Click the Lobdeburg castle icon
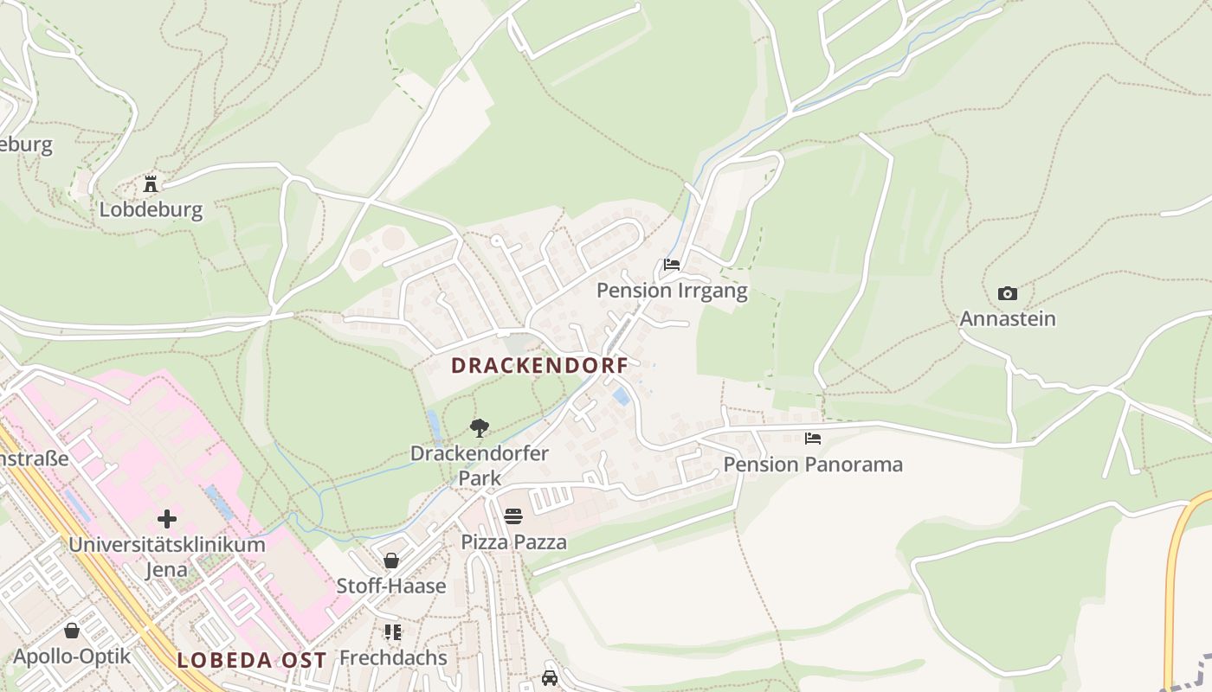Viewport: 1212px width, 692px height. (151, 183)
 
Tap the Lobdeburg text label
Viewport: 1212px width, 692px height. (151, 209)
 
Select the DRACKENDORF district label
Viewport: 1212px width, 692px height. (539, 366)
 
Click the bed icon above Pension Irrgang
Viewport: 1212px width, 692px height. (672, 265)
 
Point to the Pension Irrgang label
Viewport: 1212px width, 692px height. (672, 291)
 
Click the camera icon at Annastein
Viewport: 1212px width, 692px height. (1007, 294)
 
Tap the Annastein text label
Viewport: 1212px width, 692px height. (1007, 319)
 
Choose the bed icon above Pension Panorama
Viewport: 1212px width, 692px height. (812, 439)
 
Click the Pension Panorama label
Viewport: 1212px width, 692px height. (812, 465)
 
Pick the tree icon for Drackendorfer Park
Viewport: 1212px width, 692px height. (480, 427)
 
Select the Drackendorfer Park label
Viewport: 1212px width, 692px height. (480, 465)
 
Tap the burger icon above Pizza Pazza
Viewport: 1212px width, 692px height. (513, 516)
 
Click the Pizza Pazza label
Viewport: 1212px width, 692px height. (513, 542)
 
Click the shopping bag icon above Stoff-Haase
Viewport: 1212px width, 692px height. (391, 561)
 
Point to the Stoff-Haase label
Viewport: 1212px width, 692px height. (391, 586)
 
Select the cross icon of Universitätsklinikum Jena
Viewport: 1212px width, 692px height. (166, 519)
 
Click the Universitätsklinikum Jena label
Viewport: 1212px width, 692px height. (166, 557)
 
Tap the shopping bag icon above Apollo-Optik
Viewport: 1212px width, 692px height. (72, 631)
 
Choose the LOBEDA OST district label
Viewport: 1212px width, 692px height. (252, 660)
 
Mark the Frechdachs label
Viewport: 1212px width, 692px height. (393, 658)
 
